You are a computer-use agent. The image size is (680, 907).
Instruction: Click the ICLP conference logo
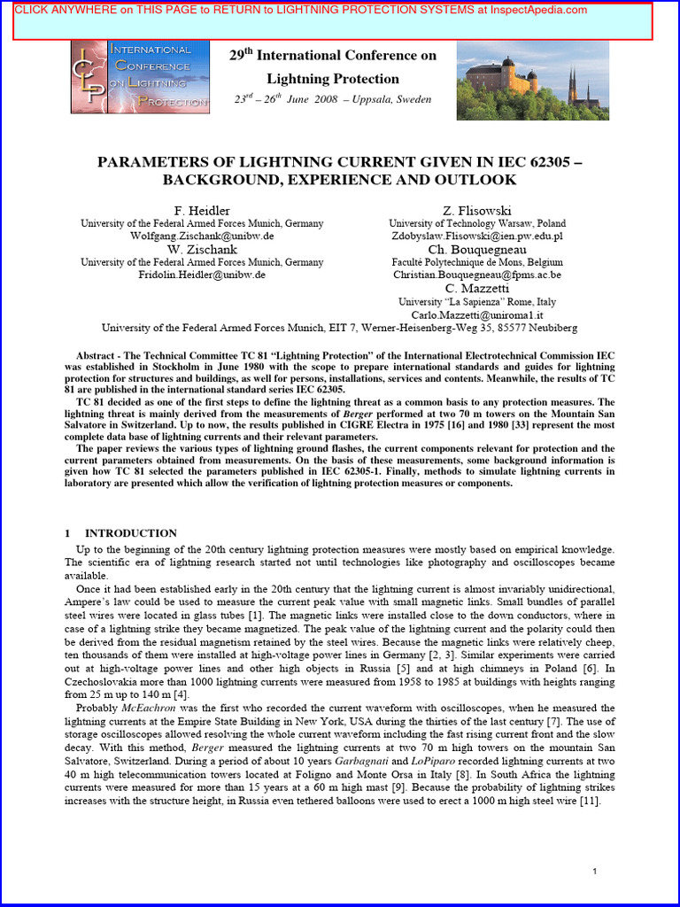coord(140,77)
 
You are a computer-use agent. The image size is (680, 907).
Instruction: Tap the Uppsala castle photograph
coord(532,81)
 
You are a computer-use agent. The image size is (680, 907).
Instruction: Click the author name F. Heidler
coord(202,210)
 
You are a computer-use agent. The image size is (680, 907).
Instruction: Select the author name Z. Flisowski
coord(477,210)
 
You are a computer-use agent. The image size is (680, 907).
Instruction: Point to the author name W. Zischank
coord(202,249)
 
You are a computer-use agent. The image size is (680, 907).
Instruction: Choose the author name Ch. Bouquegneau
coord(477,249)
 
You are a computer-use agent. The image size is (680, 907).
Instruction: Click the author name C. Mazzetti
coord(477,288)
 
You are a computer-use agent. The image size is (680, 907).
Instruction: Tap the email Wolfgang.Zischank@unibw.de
coord(202,236)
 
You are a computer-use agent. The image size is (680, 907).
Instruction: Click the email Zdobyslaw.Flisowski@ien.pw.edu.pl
coord(477,236)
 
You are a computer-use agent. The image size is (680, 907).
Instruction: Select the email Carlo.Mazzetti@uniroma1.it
coord(477,314)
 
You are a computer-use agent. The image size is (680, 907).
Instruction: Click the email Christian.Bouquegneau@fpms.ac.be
coord(477,275)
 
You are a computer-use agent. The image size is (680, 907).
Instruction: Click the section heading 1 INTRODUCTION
coord(121,533)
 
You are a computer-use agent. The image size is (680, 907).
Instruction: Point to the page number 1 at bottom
coord(595,872)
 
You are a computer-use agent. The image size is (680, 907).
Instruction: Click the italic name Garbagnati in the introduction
coord(389,762)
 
